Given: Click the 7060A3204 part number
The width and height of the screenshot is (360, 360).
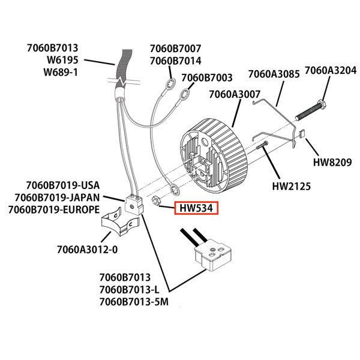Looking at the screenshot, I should (330, 71).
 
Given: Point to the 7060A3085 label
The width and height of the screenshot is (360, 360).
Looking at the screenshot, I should (274, 75).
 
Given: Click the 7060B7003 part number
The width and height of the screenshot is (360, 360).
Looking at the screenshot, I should (206, 78).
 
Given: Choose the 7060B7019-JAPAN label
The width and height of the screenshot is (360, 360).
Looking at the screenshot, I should (57, 197).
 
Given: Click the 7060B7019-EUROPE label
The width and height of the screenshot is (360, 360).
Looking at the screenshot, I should (53, 209).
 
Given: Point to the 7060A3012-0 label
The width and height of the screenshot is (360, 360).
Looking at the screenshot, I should (85, 248).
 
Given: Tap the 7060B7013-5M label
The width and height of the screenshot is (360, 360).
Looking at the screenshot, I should (134, 302).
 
